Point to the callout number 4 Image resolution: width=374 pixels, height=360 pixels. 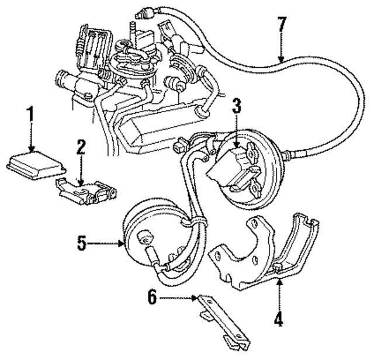(279, 320)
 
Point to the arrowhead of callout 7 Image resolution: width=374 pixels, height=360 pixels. (282, 61)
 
